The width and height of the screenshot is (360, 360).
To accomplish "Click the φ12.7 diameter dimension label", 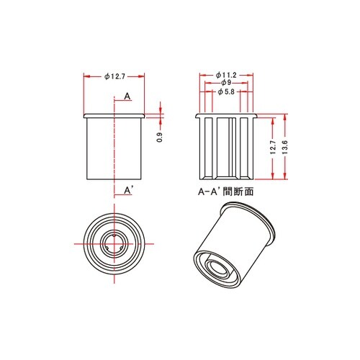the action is pos(114,76).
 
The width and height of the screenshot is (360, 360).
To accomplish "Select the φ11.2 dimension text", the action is pos(226,75).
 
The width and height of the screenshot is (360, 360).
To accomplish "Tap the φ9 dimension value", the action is pos(226,83).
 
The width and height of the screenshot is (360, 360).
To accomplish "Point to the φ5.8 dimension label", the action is pos(226,91).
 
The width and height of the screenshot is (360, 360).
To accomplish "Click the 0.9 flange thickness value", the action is pos(160,137).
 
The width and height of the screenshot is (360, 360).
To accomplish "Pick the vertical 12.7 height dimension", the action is pos(273,148).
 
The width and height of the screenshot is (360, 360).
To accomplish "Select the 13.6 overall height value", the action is pos(285,148).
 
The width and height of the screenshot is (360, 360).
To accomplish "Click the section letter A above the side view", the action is pos(127,96).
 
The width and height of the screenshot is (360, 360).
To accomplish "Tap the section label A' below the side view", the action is pos(128,190).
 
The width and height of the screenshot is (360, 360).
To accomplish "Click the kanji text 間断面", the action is pos(238,192).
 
